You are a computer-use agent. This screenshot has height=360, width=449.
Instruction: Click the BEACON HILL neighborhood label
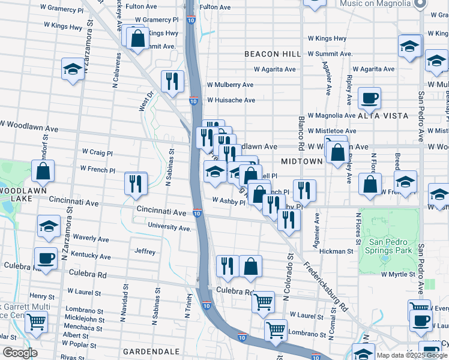tap(273, 54)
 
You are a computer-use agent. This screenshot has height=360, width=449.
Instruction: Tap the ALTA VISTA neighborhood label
tap(383, 115)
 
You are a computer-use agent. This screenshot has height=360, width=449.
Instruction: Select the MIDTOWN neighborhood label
tap(301, 162)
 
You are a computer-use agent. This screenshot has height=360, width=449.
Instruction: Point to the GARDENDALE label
tap(151, 350)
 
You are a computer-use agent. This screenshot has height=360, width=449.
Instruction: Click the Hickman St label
tap(335, 251)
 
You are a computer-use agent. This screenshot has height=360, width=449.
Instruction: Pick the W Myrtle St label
tap(398, 274)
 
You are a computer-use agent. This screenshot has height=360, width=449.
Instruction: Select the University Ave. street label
tap(169, 228)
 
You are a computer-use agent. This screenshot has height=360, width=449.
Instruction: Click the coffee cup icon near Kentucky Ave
tap(46, 258)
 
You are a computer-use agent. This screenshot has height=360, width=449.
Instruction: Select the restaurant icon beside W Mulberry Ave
tap(172, 81)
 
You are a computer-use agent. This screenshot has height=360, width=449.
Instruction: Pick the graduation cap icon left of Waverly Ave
tap(49, 226)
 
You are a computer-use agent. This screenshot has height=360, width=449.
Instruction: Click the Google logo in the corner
tap(20, 353)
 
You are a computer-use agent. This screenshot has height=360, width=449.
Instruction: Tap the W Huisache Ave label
tap(231, 100)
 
